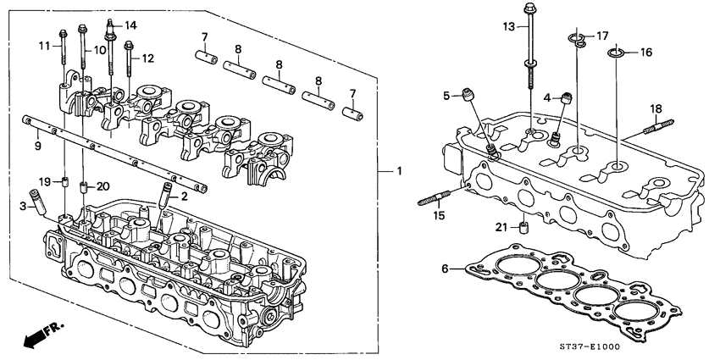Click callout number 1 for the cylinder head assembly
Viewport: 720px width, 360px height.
[x=399, y=172]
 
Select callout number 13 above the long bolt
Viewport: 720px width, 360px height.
[x=507, y=28]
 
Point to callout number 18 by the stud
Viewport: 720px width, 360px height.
[x=656, y=109]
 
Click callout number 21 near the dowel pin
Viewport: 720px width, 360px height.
[x=500, y=226]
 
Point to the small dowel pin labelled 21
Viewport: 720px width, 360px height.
[x=525, y=228]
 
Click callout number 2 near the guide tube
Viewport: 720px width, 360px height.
[x=183, y=196]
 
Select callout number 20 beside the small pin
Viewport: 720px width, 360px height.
[x=102, y=186]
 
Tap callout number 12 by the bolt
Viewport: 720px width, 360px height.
[x=147, y=58]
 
